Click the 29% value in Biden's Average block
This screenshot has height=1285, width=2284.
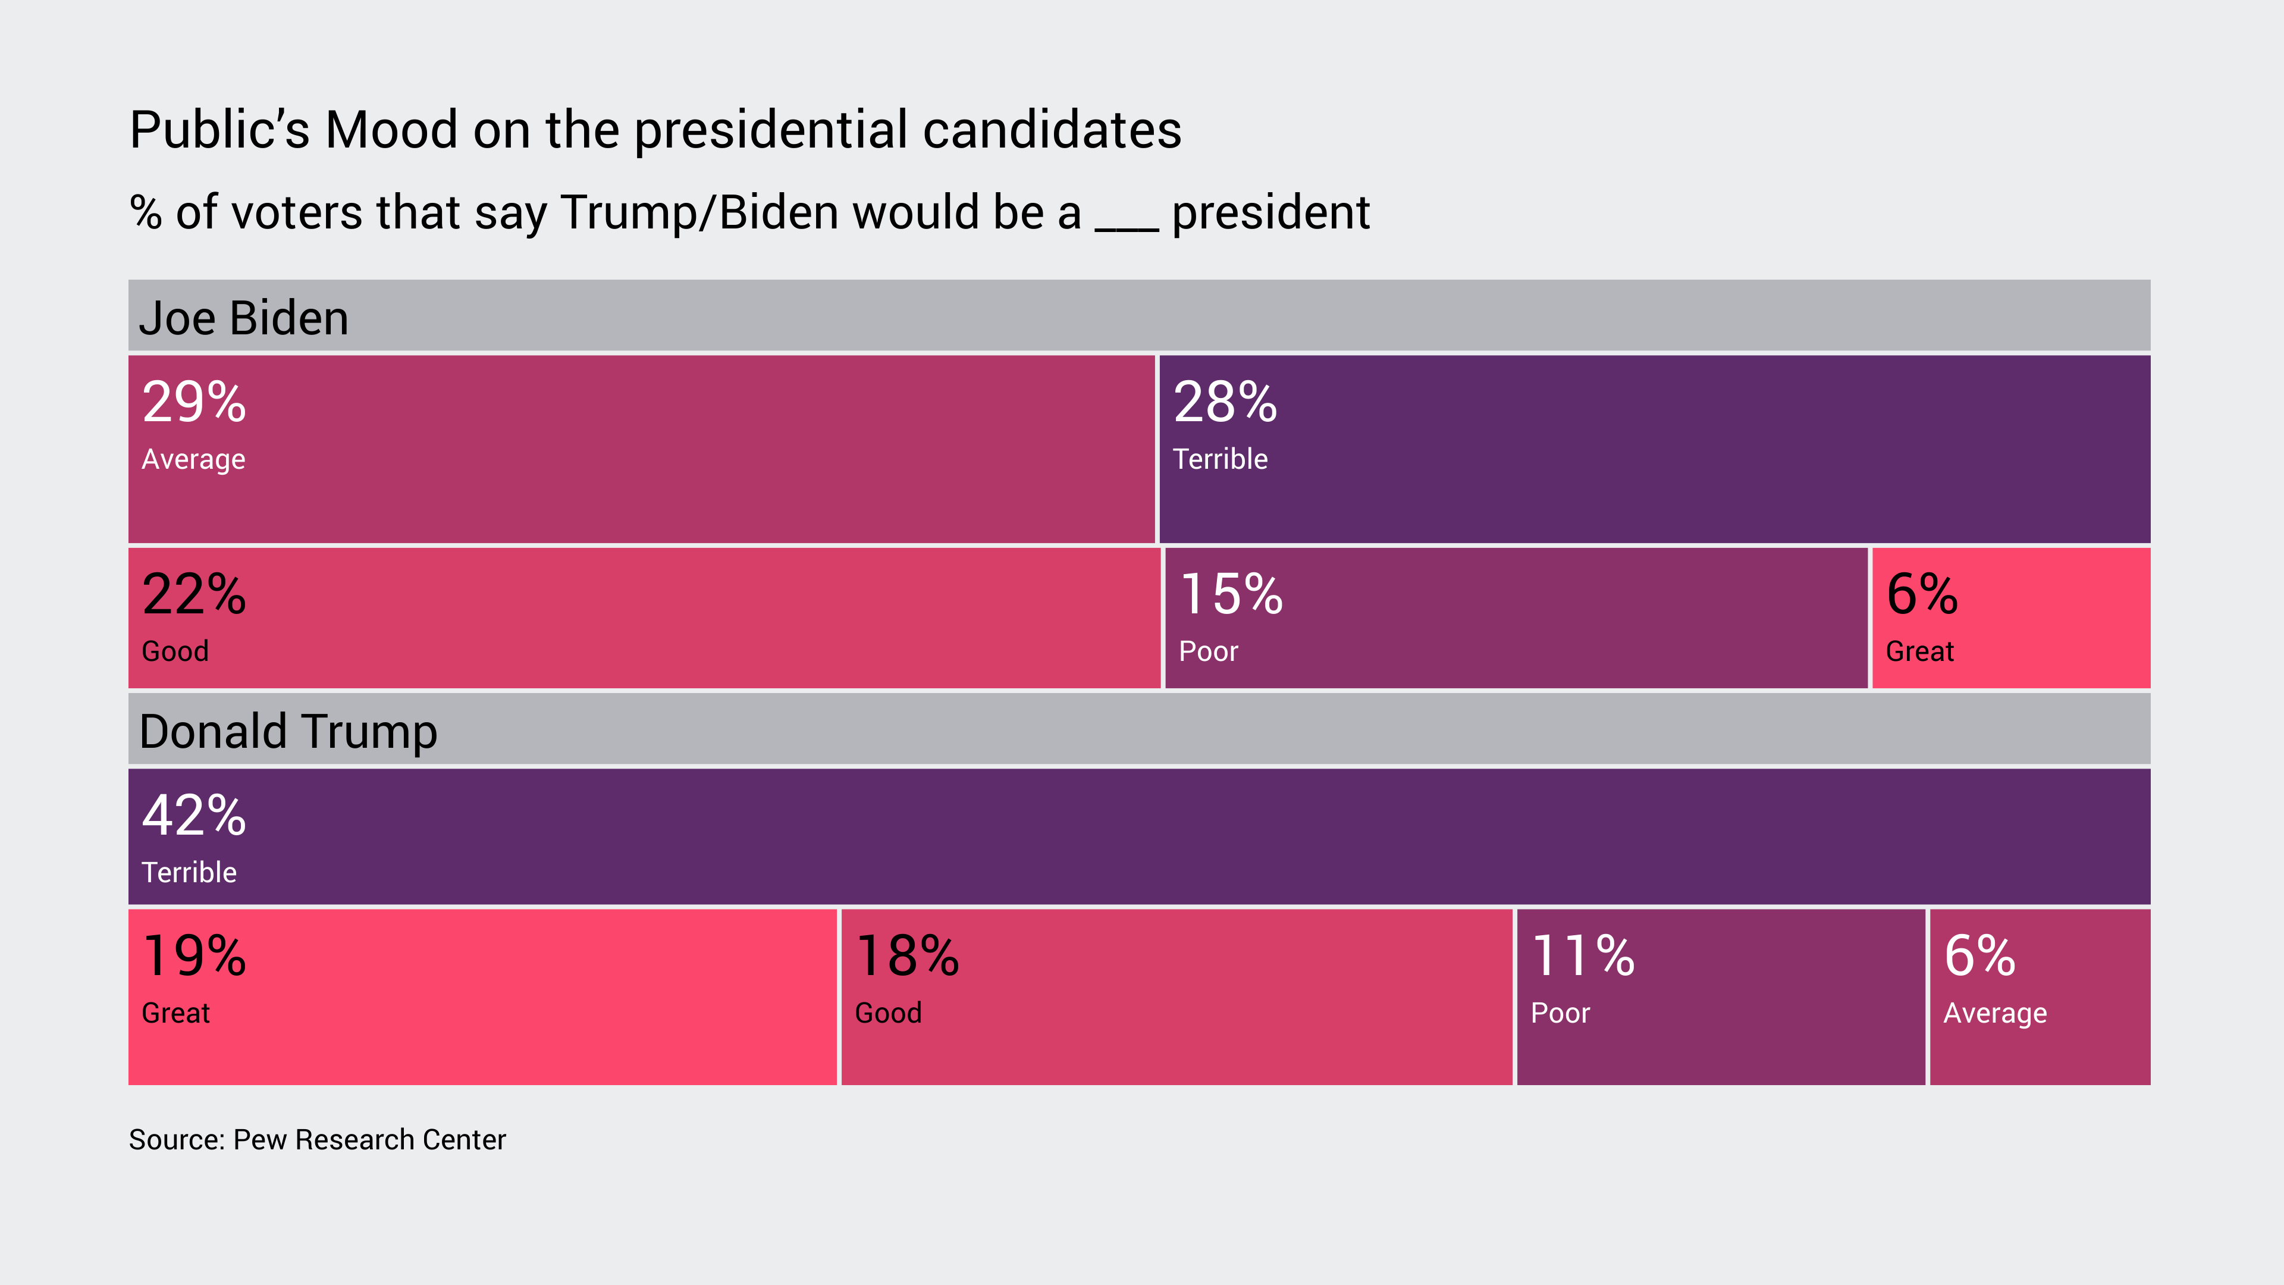point(193,403)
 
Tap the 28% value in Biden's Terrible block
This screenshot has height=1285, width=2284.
point(1225,403)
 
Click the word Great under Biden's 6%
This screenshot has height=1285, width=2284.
point(1919,652)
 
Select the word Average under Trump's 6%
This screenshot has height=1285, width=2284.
point(1994,1014)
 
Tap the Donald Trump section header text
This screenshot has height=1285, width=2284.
point(288,732)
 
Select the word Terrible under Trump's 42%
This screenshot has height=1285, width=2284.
point(189,873)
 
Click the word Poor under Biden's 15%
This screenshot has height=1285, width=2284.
point(1207,652)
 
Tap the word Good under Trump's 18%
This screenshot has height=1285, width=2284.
point(887,1014)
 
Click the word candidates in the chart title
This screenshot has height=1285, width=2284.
point(1052,130)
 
